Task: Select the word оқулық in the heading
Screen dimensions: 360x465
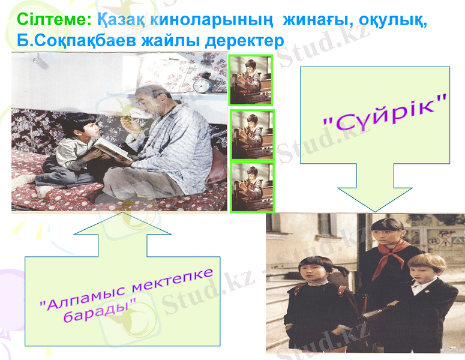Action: click(x=393, y=19)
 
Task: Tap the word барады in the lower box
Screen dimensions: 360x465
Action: click(x=100, y=313)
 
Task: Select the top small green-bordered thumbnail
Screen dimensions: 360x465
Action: click(x=251, y=80)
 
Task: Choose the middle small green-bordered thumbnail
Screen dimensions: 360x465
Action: click(x=252, y=134)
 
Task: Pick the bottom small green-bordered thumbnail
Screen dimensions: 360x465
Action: click(x=252, y=187)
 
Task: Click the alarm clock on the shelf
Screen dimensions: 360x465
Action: click(x=202, y=84)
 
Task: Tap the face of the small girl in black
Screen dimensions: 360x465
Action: click(x=317, y=270)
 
